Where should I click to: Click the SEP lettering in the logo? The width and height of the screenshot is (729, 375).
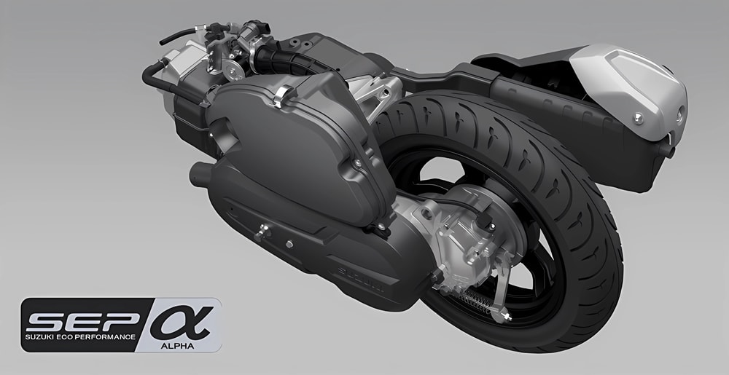click(84, 320)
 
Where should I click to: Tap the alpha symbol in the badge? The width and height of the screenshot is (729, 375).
click(182, 321)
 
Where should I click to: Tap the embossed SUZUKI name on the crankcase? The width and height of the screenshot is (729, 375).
click(360, 278)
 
